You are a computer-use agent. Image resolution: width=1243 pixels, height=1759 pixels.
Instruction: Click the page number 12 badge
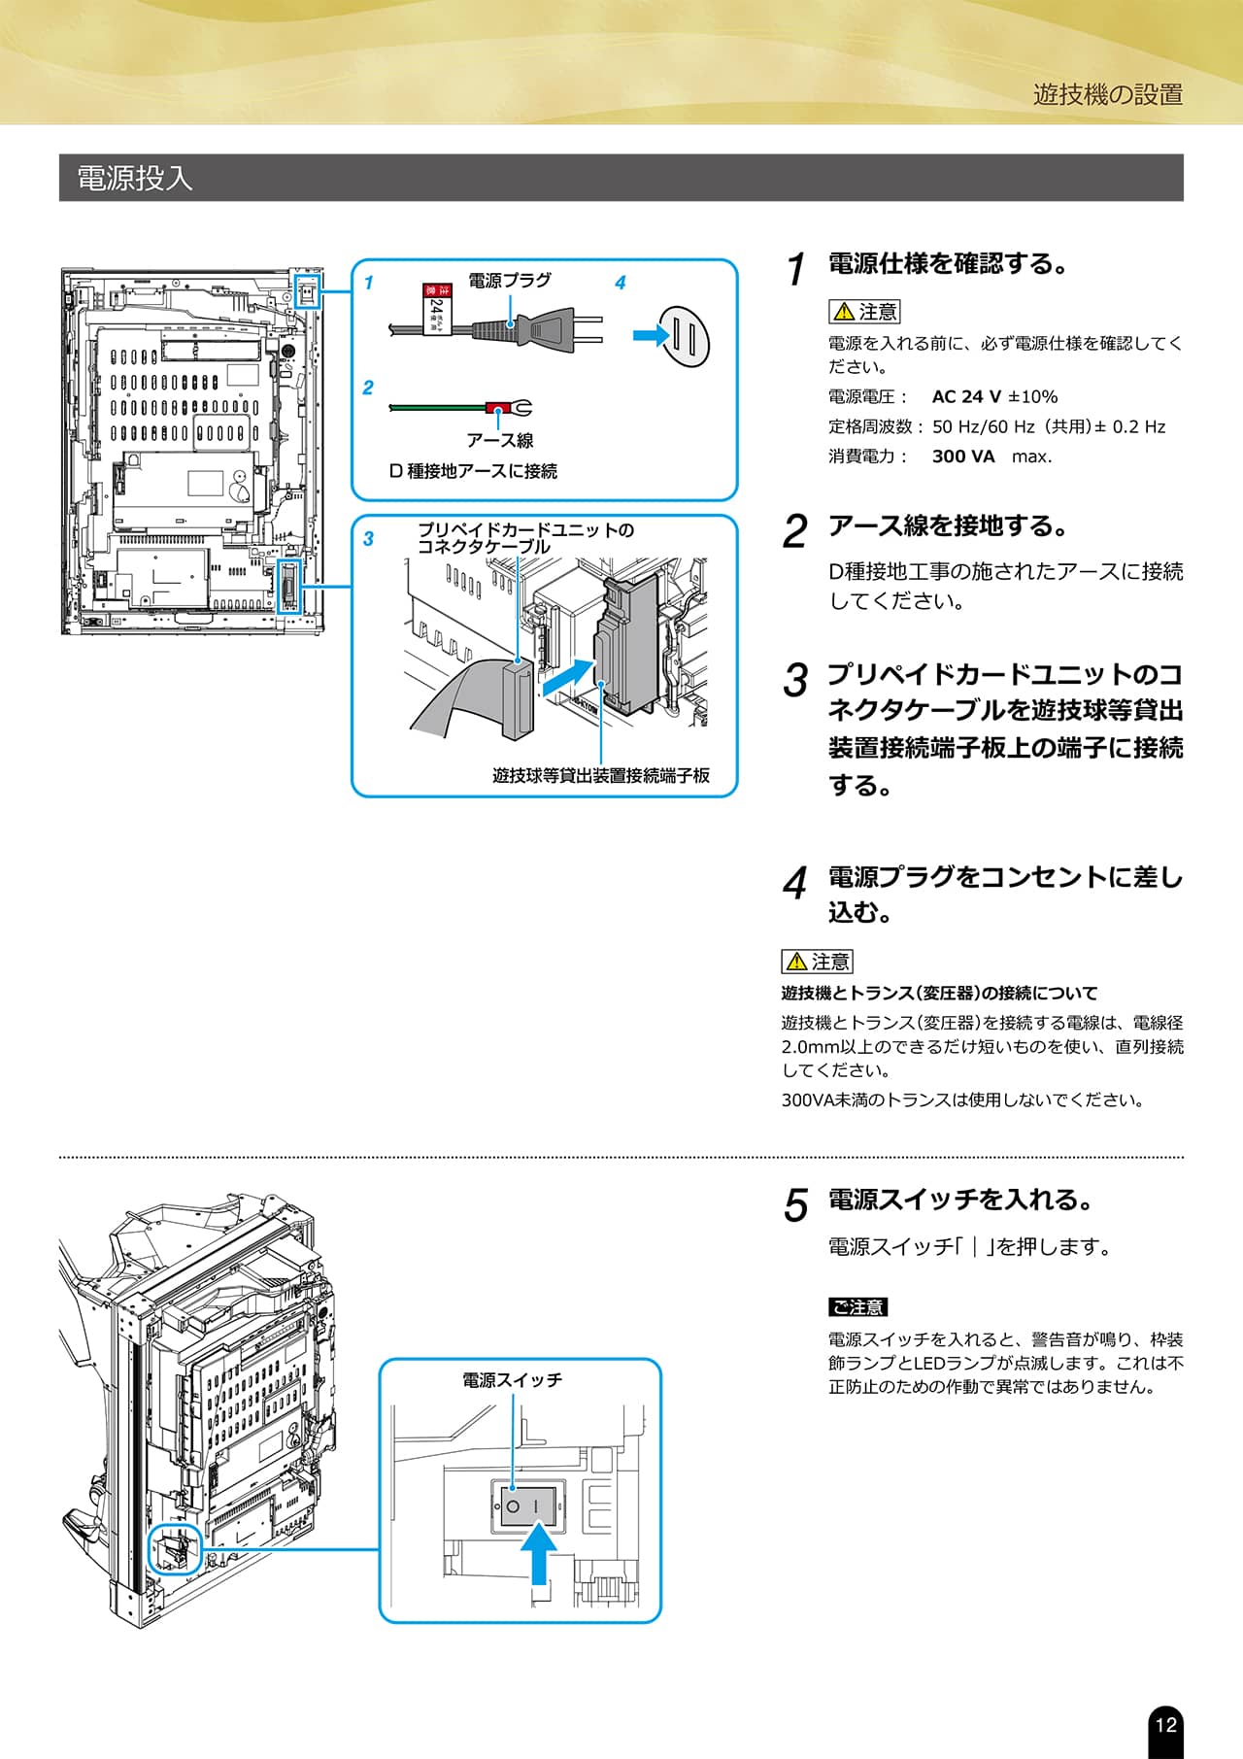(x=1165, y=1724)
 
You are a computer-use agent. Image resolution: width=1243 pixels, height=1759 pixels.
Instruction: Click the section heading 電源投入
(x=135, y=178)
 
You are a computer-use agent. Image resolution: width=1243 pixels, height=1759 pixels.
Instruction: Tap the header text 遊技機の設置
(x=1108, y=94)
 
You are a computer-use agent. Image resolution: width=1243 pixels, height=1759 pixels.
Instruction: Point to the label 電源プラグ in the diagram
(x=509, y=280)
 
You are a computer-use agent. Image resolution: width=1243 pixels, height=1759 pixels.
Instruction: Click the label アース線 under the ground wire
(x=499, y=440)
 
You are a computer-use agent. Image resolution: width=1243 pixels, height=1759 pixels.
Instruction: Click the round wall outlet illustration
(x=686, y=337)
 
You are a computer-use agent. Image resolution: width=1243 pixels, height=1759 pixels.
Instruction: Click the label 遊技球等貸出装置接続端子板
(x=600, y=775)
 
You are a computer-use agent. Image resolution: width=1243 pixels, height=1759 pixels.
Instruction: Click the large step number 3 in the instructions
(x=795, y=680)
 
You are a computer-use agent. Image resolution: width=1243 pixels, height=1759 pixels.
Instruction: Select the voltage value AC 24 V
(x=966, y=396)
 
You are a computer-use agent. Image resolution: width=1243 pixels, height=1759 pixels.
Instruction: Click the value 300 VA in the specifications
(x=963, y=456)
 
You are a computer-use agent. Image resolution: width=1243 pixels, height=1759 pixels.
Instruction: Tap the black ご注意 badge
(x=857, y=1307)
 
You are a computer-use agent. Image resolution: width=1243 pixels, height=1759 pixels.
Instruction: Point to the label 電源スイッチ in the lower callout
(x=512, y=1380)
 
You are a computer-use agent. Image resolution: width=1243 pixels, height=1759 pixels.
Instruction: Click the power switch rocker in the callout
(x=527, y=1506)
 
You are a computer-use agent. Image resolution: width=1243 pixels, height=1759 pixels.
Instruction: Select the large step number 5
(x=795, y=1205)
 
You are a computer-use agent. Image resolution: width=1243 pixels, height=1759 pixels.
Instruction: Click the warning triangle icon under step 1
(x=843, y=312)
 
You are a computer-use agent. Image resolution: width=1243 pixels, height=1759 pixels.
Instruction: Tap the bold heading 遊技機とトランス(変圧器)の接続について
(x=939, y=993)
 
